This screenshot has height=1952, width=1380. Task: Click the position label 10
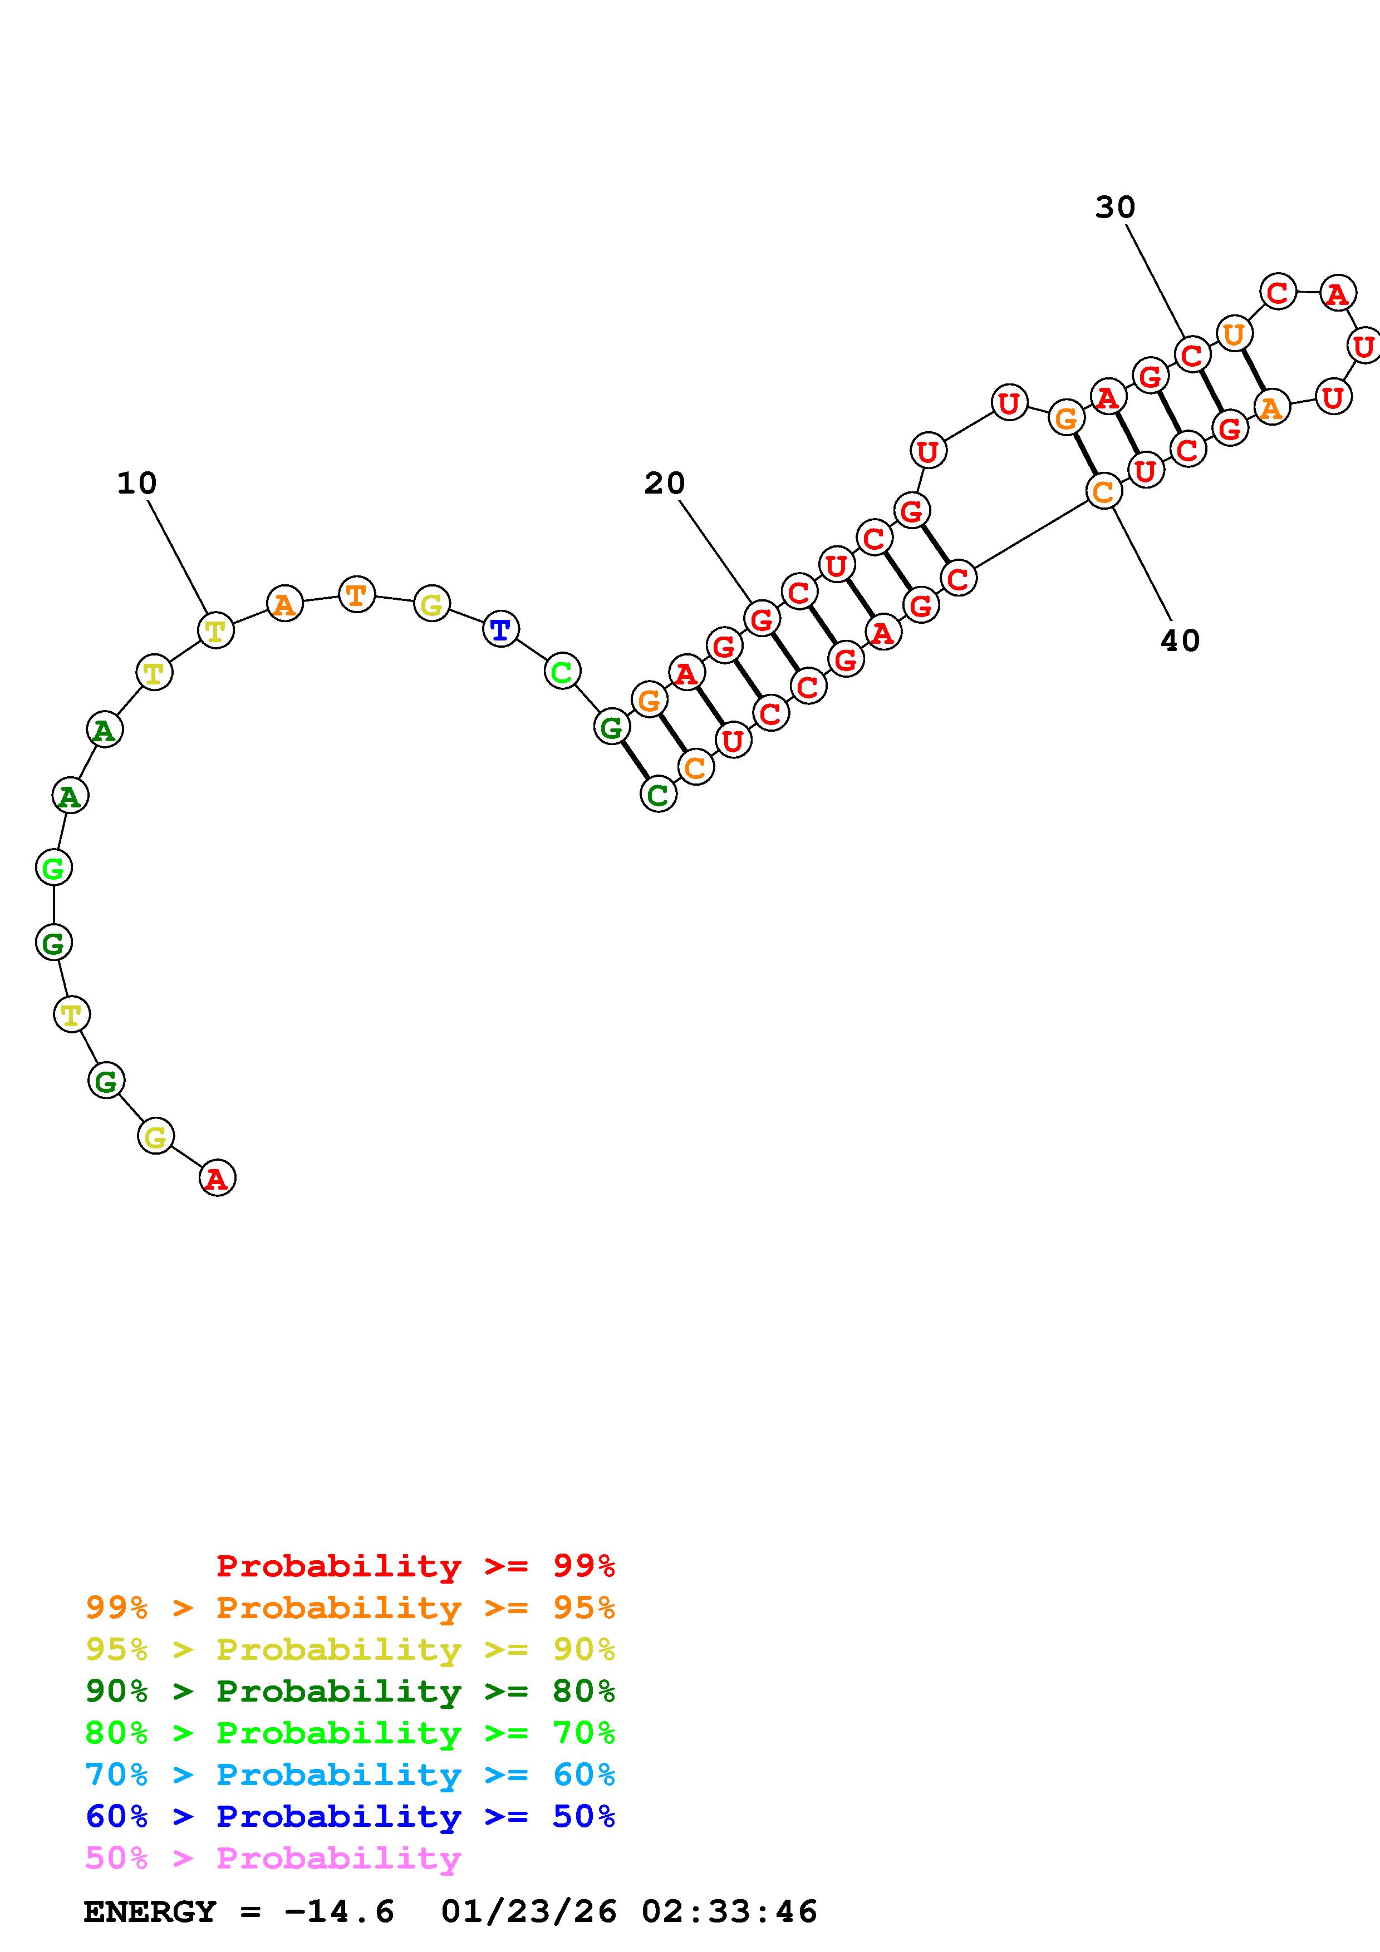(x=137, y=484)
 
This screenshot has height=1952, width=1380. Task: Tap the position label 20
(x=664, y=484)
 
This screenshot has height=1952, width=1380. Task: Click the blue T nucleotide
(x=501, y=630)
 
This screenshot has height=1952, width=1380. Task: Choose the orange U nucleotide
(x=1234, y=333)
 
